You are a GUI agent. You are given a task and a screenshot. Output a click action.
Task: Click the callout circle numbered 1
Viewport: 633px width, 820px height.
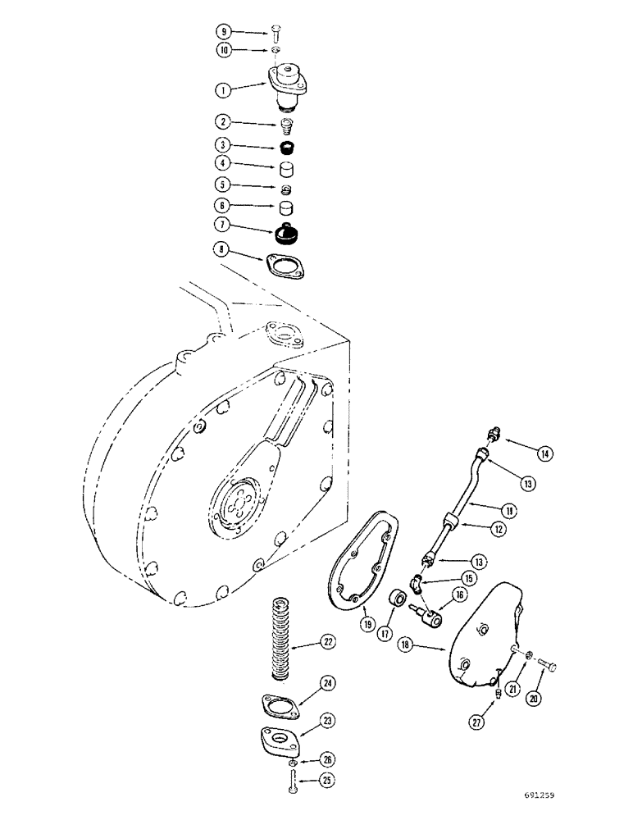point(223,89)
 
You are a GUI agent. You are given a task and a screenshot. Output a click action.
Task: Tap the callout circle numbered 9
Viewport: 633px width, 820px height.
point(223,32)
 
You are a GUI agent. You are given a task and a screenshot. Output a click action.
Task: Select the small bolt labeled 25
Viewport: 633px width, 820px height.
point(292,780)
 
